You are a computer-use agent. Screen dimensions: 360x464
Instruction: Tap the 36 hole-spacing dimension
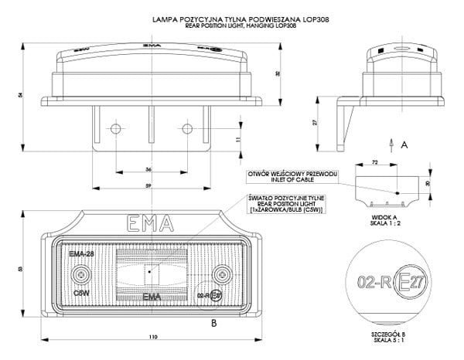148,169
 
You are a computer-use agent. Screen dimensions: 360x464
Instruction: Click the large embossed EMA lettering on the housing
148,226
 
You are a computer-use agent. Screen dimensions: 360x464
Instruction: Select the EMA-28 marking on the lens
81,254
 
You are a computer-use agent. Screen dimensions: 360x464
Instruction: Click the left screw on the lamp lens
81,273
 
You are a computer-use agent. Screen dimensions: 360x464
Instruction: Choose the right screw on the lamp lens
223,273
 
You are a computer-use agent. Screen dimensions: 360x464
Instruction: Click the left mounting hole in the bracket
115,127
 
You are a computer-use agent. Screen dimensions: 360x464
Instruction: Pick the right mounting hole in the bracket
186,127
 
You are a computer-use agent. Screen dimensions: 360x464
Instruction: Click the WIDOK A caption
384,218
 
